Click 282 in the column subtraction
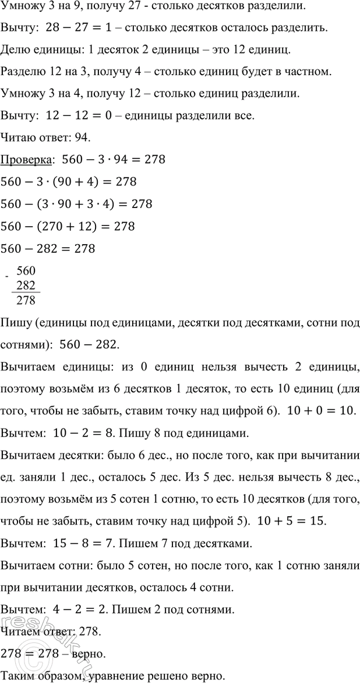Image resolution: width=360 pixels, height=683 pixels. point(26,286)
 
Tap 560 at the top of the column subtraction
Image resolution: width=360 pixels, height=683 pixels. point(26,270)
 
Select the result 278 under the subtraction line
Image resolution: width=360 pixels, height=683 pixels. point(26,301)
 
